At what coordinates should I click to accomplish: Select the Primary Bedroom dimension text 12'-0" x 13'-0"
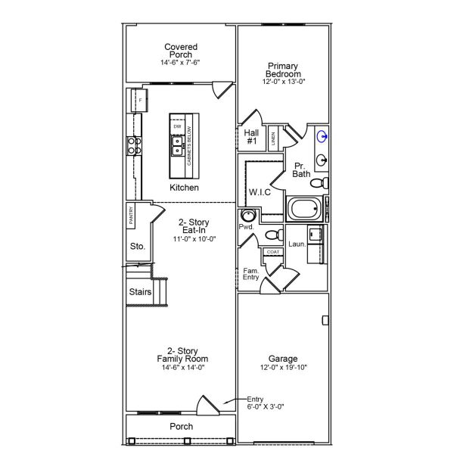point(284,81)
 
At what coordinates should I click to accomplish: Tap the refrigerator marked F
point(140,100)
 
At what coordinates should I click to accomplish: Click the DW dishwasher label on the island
point(177,127)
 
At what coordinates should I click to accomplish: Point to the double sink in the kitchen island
point(177,145)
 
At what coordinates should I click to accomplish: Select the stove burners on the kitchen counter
point(135,145)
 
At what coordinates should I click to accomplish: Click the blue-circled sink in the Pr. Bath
point(323,137)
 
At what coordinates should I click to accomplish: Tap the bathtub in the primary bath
point(305,208)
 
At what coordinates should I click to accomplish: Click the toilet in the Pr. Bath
point(321,183)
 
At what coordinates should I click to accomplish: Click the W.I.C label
point(260,192)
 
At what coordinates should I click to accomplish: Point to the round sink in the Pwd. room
point(248,216)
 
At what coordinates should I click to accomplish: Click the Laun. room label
point(297,244)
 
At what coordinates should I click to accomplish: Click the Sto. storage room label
point(137,246)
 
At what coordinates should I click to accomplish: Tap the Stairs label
point(140,292)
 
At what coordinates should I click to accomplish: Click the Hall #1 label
point(252,136)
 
